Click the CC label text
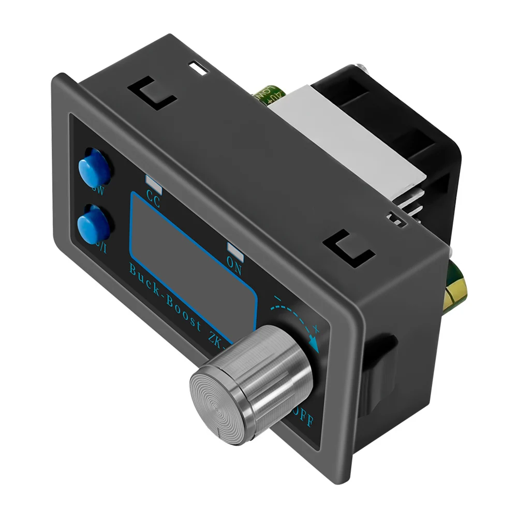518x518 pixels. (x=153, y=198)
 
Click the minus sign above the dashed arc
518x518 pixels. (x=278, y=299)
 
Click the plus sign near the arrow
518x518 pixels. (x=316, y=328)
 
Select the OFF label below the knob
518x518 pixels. (x=303, y=418)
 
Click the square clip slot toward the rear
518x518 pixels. (x=348, y=248)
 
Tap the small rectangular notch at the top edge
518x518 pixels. (x=198, y=67)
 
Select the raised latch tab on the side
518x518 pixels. (x=382, y=373)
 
